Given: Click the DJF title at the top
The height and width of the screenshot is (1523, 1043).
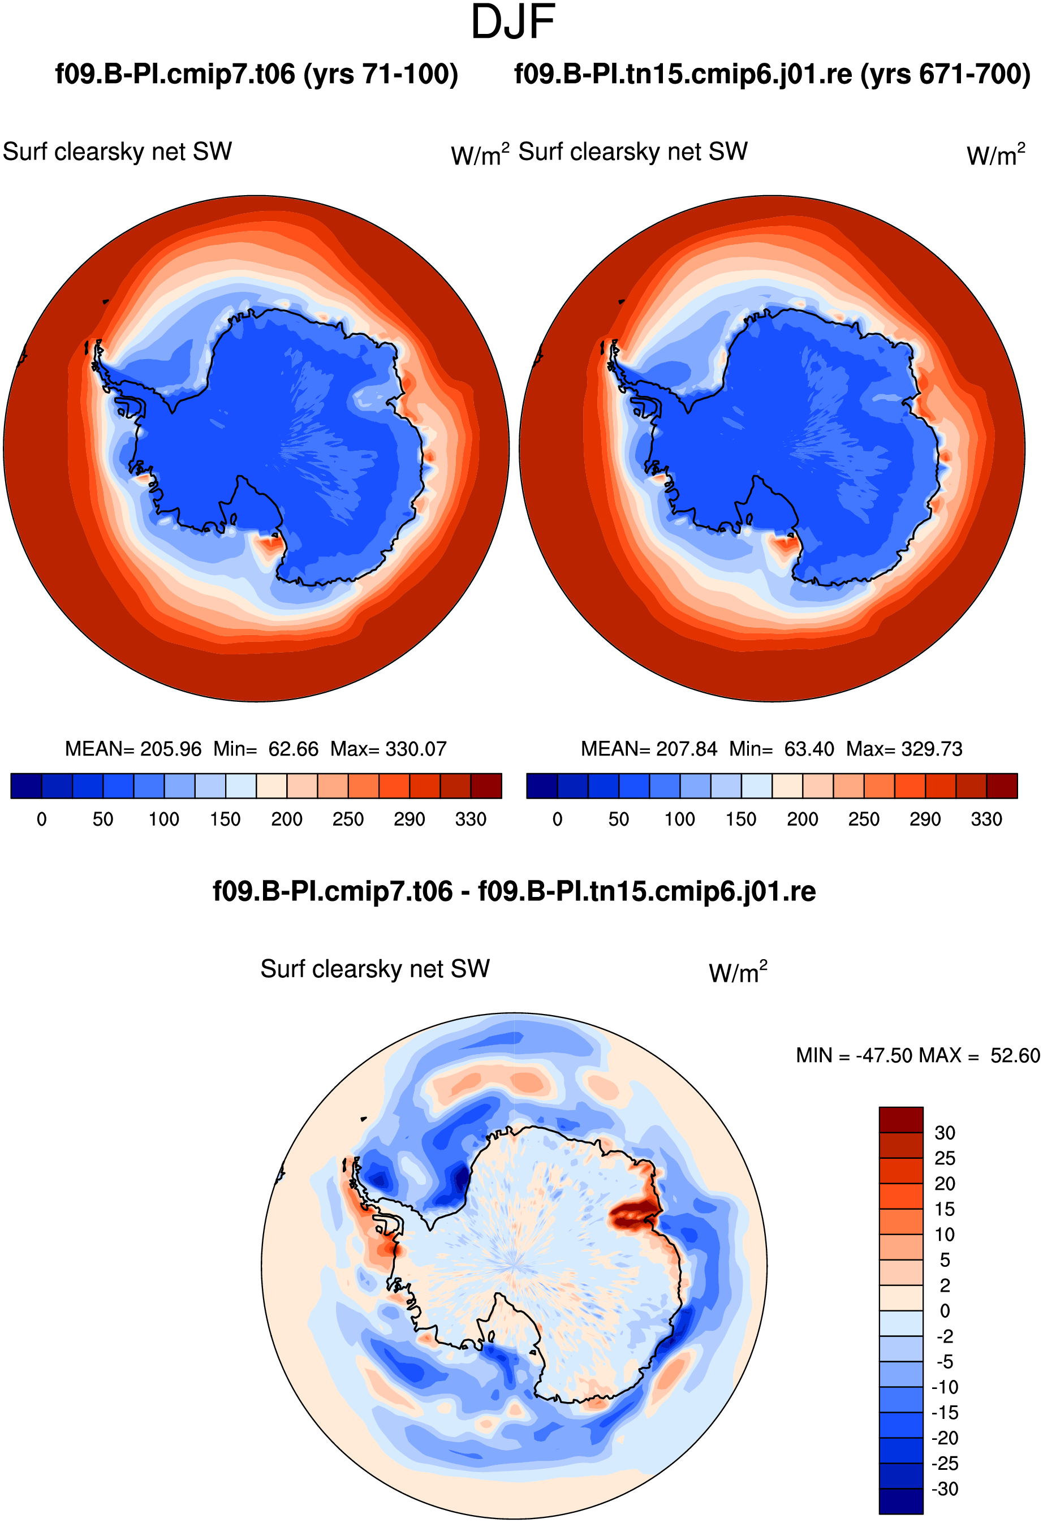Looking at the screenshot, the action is pos(514,21).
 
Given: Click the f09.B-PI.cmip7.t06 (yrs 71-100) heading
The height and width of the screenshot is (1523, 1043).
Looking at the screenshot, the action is pos(256,74).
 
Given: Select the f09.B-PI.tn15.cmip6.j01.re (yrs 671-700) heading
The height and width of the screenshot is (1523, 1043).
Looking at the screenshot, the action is pos(772,74).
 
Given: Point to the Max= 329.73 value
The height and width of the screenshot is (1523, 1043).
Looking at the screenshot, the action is pos(904,748).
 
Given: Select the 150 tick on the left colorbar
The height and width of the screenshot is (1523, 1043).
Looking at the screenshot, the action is pos(225,819).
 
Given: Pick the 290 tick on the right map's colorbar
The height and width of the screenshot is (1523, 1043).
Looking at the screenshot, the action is pos(925,819).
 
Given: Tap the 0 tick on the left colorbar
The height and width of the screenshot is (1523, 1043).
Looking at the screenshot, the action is pos(41,819).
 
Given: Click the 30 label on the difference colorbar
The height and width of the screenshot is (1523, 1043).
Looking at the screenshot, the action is pos(945,1132).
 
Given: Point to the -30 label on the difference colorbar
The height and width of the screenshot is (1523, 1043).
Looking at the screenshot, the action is pos(945,1489).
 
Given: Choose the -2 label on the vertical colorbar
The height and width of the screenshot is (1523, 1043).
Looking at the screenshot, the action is pos(945,1336).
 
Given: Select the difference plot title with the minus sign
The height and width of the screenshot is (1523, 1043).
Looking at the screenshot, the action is pos(514,891).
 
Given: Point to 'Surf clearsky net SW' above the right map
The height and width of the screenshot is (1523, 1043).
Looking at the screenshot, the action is pos(633,152).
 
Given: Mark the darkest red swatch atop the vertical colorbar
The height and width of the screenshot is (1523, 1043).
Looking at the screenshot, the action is pos(900,1119).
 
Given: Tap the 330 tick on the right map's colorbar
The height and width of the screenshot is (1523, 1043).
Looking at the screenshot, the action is pos(986,819).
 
